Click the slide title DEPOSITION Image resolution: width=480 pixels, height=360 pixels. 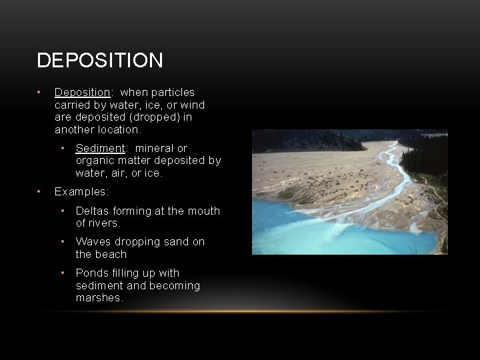[100, 61]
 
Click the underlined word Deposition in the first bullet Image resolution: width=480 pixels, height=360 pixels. [82, 92]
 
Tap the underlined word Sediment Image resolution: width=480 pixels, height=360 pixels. [100, 148]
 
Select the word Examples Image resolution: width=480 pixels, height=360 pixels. [81, 191]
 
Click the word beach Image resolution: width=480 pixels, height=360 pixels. [111, 254]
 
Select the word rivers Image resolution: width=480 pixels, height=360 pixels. [103, 223]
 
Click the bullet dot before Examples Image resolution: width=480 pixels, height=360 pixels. [40, 191]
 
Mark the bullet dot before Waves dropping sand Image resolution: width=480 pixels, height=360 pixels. [62, 241]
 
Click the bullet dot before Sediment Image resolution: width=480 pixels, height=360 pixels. [62, 148]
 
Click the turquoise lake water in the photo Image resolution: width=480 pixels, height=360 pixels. [300, 220]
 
